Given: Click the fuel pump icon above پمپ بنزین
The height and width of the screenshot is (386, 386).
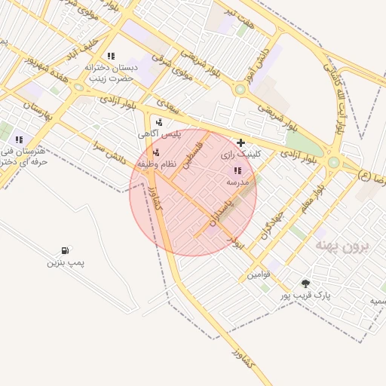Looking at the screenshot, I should (66, 250).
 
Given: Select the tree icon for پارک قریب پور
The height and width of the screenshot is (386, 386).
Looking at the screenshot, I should (305, 284).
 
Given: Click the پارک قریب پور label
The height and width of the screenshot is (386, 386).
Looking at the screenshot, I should (308, 296).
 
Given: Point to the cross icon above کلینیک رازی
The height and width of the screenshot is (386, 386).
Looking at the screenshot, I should (240, 142).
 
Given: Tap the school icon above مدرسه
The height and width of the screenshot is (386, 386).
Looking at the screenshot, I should (238, 170).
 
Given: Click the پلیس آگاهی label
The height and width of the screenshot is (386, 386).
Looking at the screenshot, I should (159, 133).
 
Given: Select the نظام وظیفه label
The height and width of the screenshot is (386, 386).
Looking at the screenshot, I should (157, 164).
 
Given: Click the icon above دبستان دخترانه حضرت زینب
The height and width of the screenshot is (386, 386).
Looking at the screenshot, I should (111, 56).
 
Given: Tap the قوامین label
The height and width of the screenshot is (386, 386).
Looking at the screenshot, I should (258, 274).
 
